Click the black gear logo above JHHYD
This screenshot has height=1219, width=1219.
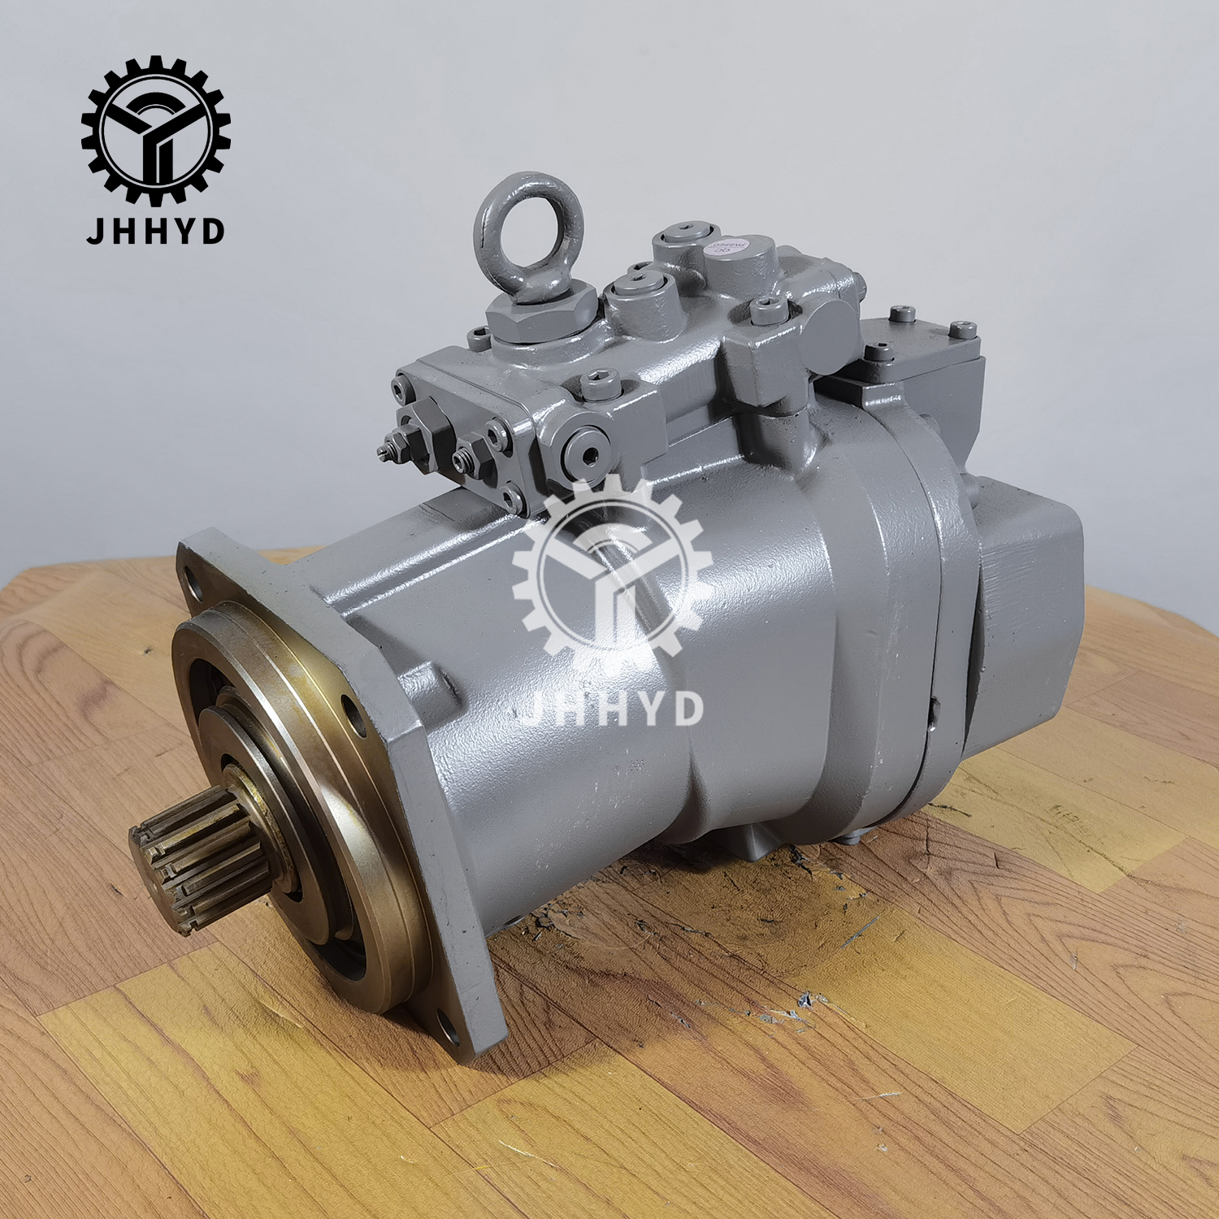tap(155, 130)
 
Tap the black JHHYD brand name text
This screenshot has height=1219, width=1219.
tap(155, 231)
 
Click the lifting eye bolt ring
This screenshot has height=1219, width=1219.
tap(527, 223)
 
